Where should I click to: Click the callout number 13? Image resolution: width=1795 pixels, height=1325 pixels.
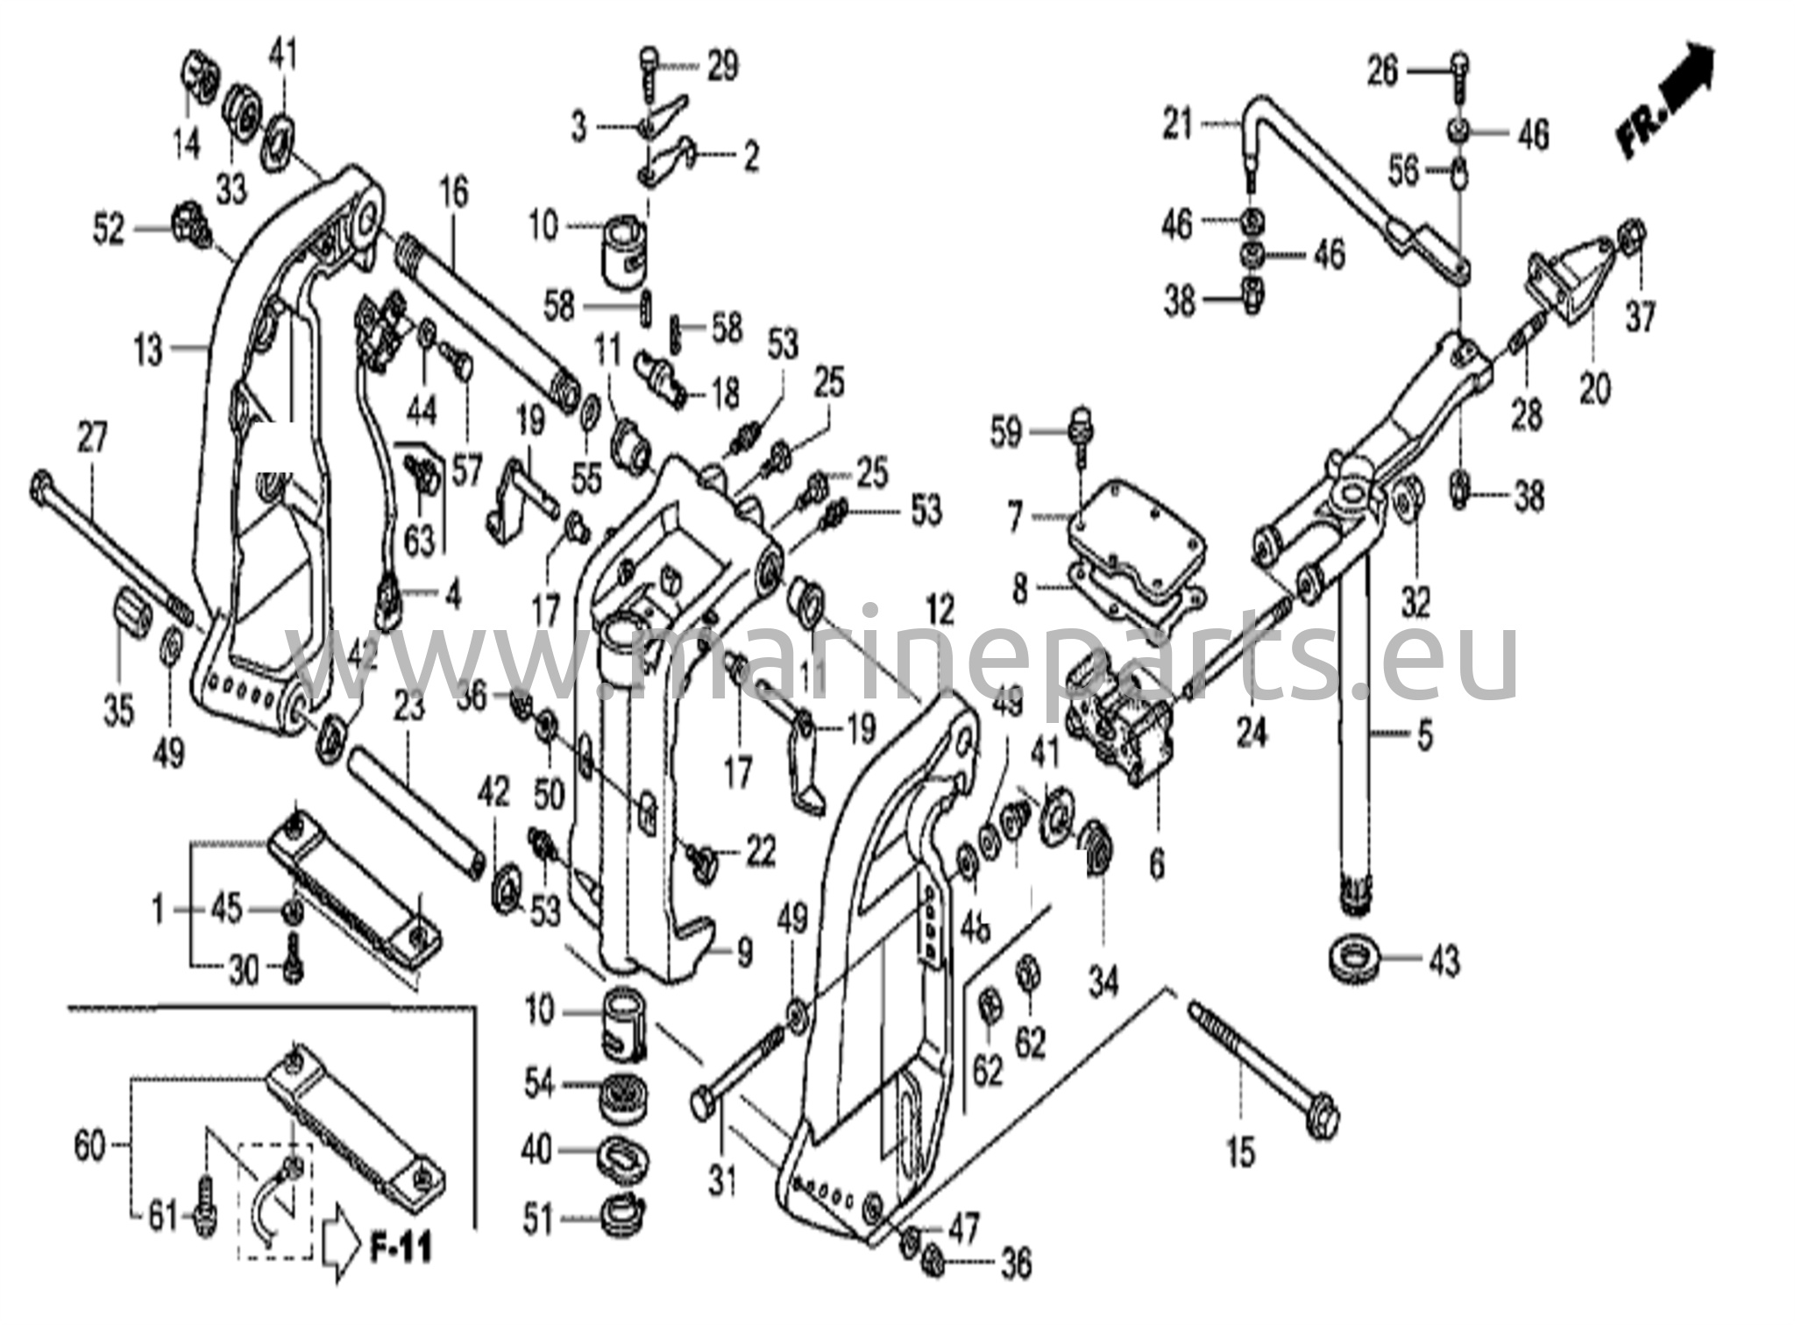click(x=149, y=351)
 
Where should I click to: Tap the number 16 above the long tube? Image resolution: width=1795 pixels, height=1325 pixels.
click(x=453, y=193)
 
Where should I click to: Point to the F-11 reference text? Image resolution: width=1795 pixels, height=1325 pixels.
click(x=401, y=1247)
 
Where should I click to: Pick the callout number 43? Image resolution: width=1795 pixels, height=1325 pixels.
click(x=1444, y=961)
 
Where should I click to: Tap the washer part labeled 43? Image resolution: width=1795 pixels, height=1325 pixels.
click(x=1358, y=956)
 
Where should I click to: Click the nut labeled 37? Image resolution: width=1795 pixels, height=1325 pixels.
click(x=1632, y=233)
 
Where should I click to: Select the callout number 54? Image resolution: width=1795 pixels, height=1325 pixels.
click(x=539, y=1084)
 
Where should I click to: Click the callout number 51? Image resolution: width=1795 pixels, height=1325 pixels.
click(x=538, y=1220)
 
